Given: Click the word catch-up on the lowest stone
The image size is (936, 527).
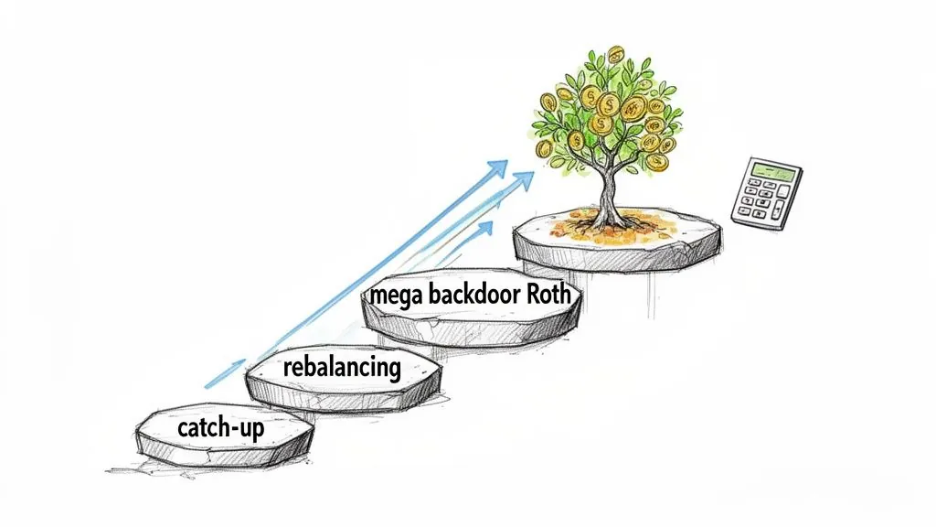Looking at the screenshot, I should pos(219,428).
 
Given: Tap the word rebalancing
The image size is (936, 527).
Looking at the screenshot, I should pos(342,368).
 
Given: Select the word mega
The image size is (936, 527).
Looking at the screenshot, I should pos(395,296).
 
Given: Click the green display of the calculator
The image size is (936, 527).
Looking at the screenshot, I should pos(770,171).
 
